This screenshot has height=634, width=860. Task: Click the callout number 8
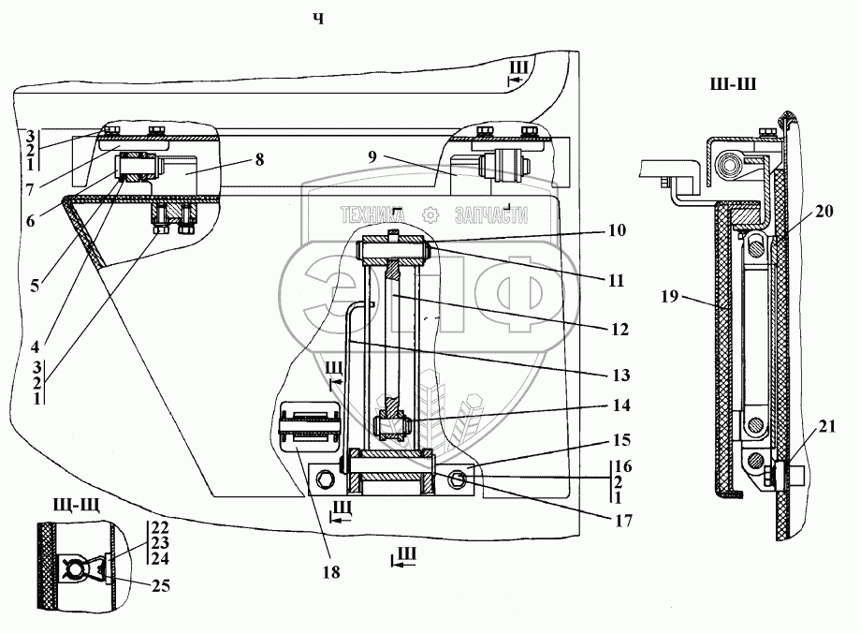click(x=259, y=159)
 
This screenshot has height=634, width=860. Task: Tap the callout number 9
click(x=372, y=156)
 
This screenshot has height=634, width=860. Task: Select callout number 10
click(x=617, y=230)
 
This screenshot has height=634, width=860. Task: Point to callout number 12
click(x=619, y=330)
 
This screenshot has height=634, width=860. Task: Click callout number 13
click(x=620, y=376)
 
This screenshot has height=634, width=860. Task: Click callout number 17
click(x=623, y=521)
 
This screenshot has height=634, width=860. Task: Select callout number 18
click(x=331, y=572)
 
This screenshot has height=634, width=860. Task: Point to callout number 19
click(x=670, y=297)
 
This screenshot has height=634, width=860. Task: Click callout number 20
click(x=824, y=211)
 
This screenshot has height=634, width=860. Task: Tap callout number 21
click(x=827, y=426)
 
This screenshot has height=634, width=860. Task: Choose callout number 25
click(x=161, y=585)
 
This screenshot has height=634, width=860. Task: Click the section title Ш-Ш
click(x=734, y=84)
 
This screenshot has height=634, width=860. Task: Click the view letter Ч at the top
click(x=319, y=20)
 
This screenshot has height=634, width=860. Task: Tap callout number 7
click(x=30, y=190)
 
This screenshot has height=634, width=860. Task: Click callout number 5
click(x=35, y=286)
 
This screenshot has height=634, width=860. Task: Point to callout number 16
click(x=623, y=466)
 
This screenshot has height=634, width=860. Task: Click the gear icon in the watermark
click(x=430, y=214)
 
